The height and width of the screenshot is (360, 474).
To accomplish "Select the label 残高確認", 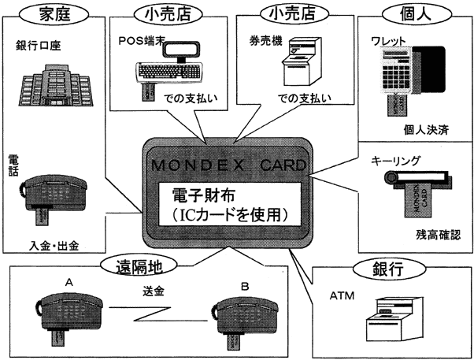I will pos(438,235).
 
